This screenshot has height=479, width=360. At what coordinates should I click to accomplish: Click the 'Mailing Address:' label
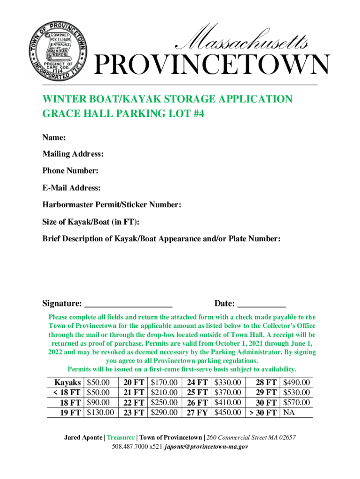(73, 154)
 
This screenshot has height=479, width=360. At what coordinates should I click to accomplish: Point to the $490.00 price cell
(296, 382)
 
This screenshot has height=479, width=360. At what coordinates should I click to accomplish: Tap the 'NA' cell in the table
(289, 412)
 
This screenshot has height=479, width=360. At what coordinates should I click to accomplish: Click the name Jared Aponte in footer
(83, 437)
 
